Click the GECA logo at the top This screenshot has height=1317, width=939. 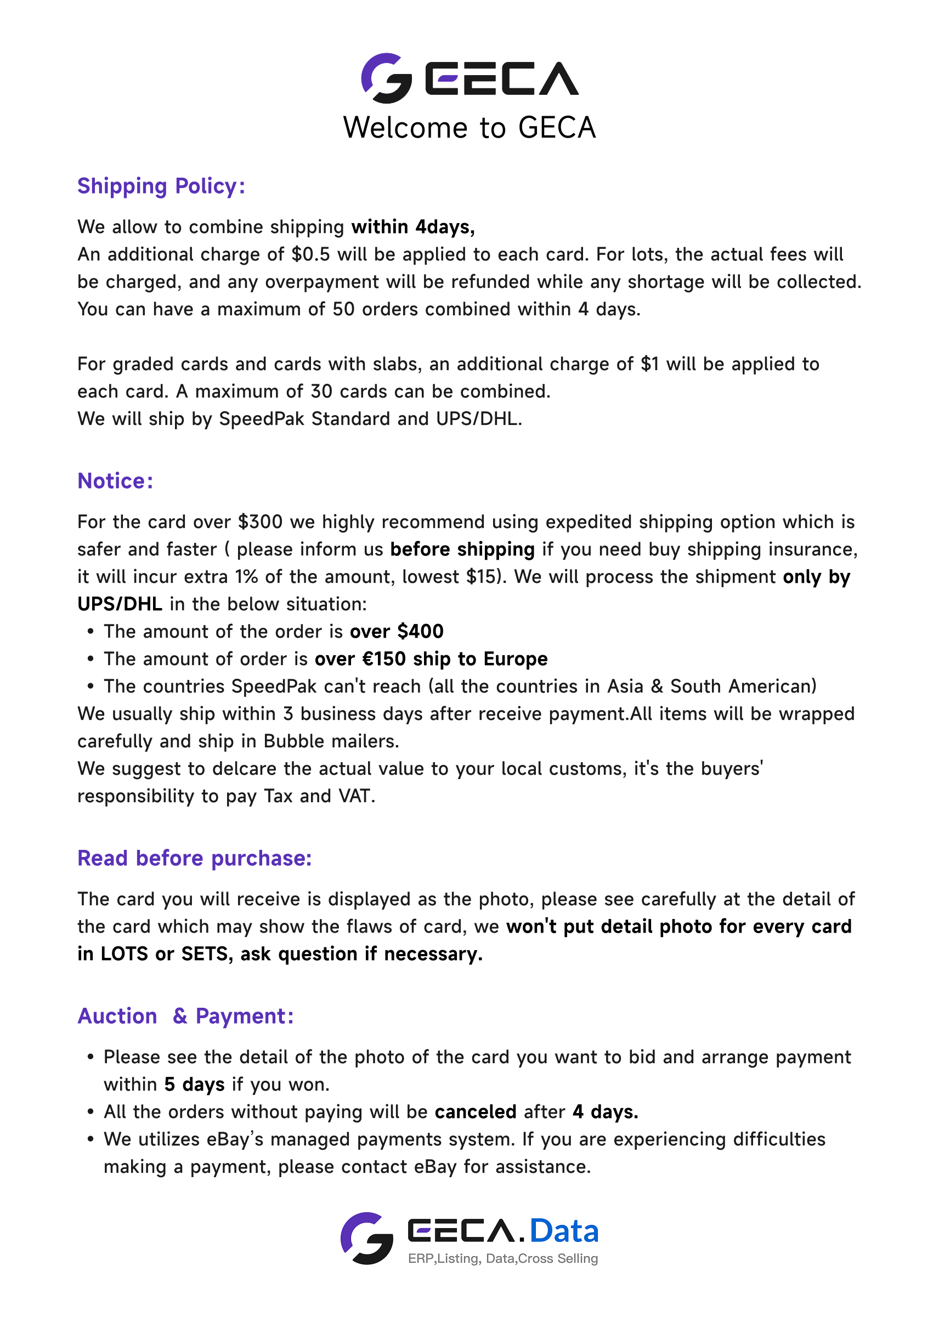click(470, 78)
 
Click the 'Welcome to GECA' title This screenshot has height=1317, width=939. click(470, 128)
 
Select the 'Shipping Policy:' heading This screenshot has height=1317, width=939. click(161, 186)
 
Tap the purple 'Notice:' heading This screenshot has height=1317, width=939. click(116, 481)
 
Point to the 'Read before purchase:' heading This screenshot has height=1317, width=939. click(194, 858)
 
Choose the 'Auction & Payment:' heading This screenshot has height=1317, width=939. click(185, 1016)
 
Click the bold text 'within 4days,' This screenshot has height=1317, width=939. click(413, 226)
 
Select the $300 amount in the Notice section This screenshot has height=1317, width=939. click(260, 522)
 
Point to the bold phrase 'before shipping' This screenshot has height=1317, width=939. click(462, 549)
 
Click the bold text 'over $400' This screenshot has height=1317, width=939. click(397, 631)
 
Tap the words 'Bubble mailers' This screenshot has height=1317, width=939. click(331, 741)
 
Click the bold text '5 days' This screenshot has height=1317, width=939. click(194, 1084)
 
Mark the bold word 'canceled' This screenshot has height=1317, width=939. click(476, 1112)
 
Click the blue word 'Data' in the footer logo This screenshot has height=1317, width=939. click(564, 1231)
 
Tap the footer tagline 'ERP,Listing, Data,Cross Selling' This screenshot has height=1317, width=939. click(502, 1259)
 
